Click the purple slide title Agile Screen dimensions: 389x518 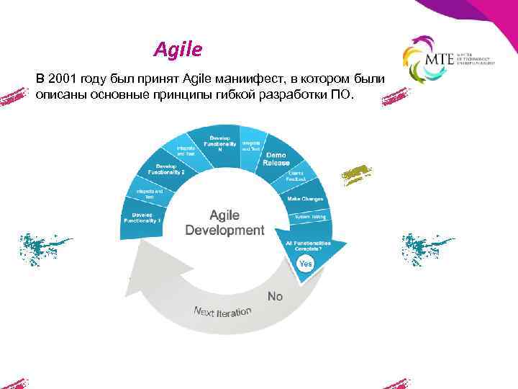[178, 50]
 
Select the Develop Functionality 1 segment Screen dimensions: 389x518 [142, 217]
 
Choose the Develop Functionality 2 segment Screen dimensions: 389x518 [166, 170]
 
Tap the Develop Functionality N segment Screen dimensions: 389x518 [220, 142]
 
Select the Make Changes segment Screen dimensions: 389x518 [305, 198]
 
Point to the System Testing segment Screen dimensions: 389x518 [309, 216]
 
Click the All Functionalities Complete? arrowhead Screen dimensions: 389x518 [308, 246]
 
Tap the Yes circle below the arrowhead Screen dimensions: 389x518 [306, 264]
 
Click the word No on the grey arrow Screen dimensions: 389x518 [275, 296]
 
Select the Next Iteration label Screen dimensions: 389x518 [222, 311]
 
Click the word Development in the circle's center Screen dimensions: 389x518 [224, 231]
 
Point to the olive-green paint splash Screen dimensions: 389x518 [357, 174]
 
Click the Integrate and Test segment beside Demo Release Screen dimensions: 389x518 [251, 146]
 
